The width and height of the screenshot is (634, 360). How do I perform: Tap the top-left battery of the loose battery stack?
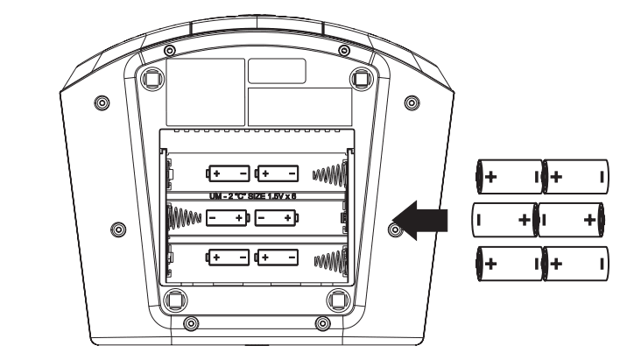coord(508,176)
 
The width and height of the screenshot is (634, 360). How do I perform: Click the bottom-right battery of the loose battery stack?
coord(575,262)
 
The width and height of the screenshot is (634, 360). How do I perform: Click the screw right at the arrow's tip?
coord(395,229)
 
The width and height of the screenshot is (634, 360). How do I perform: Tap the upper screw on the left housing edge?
coord(102,102)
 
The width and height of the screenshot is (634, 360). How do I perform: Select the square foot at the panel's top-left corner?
coord(151,78)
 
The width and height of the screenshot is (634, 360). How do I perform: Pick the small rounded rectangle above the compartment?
coord(277,71)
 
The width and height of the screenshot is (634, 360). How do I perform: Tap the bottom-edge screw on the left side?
coord(191,325)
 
